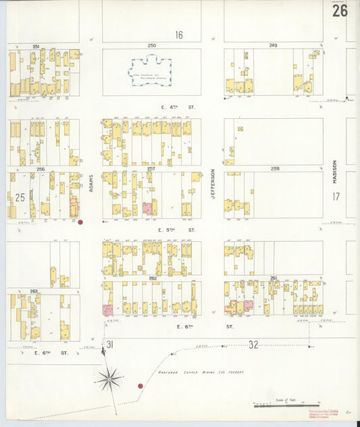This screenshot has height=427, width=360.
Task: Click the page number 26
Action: tap(340, 11)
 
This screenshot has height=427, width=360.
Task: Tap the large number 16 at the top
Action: tap(179, 34)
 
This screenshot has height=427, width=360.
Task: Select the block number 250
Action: tap(152, 45)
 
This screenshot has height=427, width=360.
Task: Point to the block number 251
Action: tap(36, 46)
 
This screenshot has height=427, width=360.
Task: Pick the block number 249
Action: tap(273, 45)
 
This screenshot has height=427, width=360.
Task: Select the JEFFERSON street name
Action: tap(213, 183)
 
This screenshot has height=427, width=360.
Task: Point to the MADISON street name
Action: tap(334, 175)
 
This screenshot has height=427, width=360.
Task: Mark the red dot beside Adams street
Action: tap(80, 222)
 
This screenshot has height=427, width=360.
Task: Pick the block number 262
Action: tap(153, 278)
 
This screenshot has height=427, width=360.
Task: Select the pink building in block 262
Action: tap(107, 309)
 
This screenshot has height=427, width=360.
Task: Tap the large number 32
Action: tap(253, 345)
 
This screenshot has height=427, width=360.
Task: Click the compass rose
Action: tap(109, 378)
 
